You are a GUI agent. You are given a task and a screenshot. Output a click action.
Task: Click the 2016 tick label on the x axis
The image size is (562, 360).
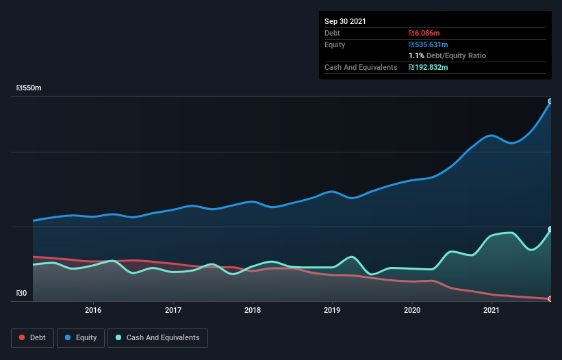click(93, 310)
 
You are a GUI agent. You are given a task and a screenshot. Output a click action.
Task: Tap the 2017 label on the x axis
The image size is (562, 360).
click(173, 310)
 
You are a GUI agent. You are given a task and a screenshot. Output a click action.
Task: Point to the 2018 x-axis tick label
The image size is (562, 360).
click(253, 310)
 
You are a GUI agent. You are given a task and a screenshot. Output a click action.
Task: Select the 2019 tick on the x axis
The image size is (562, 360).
click(332, 310)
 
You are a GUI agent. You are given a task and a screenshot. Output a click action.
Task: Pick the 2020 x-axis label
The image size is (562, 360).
click(412, 310)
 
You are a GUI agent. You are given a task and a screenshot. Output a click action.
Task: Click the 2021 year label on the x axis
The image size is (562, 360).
click(491, 310)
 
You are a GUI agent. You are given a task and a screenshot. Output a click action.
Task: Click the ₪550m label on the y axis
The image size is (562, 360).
click(29, 88)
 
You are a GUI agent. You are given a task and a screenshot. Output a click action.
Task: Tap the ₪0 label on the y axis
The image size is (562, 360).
click(22, 294)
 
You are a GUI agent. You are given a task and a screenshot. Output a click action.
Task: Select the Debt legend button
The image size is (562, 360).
click(33, 337)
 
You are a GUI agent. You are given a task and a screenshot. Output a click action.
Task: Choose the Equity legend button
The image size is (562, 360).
click(81, 337)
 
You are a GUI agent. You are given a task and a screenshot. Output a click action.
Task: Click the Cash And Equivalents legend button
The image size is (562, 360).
click(157, 337)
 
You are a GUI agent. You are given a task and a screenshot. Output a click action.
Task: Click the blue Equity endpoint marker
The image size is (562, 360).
click(550, 101)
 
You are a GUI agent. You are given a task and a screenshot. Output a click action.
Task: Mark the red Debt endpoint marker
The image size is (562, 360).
click(550, 298)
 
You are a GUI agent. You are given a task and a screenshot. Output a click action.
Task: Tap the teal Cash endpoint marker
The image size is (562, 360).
click(550, 229)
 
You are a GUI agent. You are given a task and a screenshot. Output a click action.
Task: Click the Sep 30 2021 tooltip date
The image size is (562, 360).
click(345, 21)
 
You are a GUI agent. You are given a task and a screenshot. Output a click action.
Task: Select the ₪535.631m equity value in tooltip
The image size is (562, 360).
click(429, 44)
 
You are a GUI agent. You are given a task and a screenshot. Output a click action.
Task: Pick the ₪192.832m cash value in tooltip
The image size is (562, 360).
click(429, 67)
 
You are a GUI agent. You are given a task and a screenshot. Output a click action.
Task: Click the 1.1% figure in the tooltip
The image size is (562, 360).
click(416, 55)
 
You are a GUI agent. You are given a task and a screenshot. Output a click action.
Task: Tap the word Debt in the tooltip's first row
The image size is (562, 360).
click(332, 33)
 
